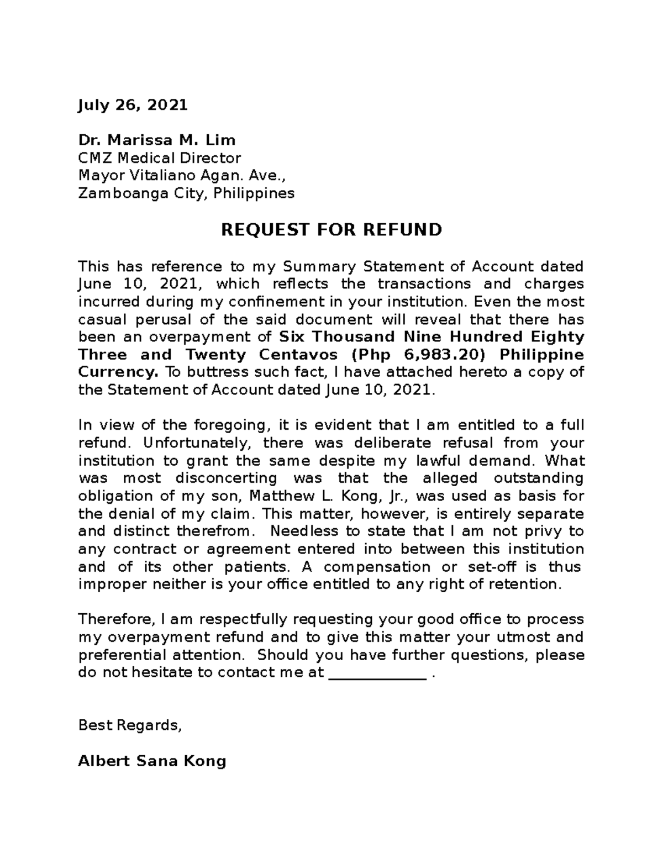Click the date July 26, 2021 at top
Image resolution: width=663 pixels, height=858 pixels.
click(x=133, y=105)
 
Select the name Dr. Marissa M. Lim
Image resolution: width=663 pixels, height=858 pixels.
click(x=157, y=140)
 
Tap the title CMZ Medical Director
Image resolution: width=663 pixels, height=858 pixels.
click(x=160, y=158)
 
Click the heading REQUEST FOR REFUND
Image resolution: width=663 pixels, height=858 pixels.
click(x=331, y=229)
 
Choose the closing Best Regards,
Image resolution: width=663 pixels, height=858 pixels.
click(x=130, y=725)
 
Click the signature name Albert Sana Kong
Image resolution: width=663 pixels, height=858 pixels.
click(x=152, y=761)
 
